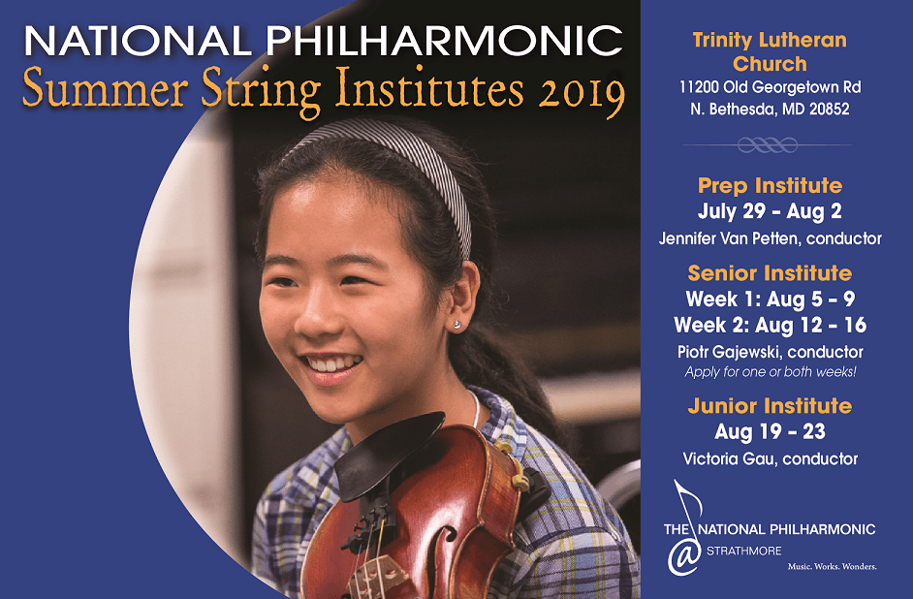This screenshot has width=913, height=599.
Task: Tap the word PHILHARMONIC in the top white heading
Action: [444, 41]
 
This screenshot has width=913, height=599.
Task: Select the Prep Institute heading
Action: [770, 185]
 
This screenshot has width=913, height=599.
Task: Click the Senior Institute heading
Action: [770, 272]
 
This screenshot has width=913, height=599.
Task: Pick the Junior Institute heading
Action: [770, 405]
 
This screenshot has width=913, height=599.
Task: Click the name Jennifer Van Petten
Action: [730, 238]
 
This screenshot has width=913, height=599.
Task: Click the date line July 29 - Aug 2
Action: [770, 211]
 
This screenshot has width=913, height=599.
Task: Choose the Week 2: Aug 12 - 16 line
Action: [770, 325]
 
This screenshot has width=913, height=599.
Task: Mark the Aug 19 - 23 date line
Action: [770, 431]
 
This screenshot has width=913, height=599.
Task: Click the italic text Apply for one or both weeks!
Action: [770, 371]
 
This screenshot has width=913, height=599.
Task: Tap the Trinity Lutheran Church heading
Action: [770, 51]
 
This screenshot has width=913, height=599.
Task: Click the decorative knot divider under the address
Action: [768, 144]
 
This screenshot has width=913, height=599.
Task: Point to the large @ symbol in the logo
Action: [684, 556]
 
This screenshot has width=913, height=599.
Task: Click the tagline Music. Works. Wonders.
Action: [832, 566]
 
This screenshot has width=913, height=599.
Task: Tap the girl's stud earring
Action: [456, 323]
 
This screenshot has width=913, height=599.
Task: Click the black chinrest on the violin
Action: [388, 454]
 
